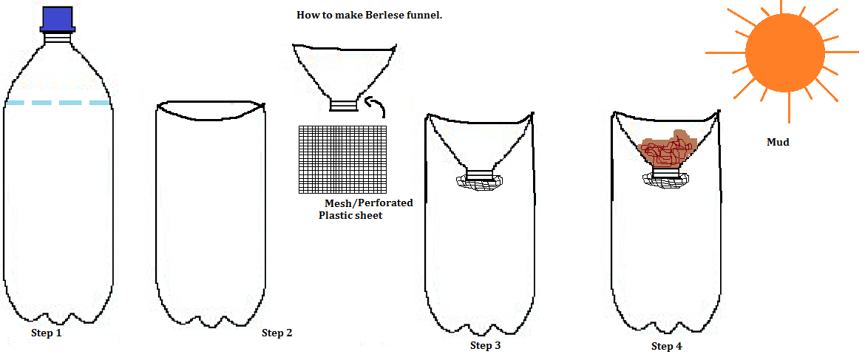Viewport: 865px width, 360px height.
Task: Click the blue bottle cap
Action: click(56, 18)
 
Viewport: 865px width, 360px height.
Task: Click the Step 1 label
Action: click(46, 333)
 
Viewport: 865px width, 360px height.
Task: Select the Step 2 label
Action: click(277, 333)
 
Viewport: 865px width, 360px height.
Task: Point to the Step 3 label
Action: click(485, 345)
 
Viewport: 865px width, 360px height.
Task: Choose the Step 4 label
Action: click(666, 346)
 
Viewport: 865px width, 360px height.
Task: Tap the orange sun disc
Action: click(784, 51)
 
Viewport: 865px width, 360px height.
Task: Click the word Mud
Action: click(778, 142)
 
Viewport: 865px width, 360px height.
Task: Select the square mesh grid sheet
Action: click(343, 159)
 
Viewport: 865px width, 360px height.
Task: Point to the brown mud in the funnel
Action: click(667, 151)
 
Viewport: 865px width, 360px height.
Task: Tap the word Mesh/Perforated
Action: click(368, 203)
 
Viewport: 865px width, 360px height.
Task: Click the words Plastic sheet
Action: click(350, 215)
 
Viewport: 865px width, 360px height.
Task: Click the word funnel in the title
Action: click(421, 15)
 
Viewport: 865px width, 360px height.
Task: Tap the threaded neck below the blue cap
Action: click(57, 36)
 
